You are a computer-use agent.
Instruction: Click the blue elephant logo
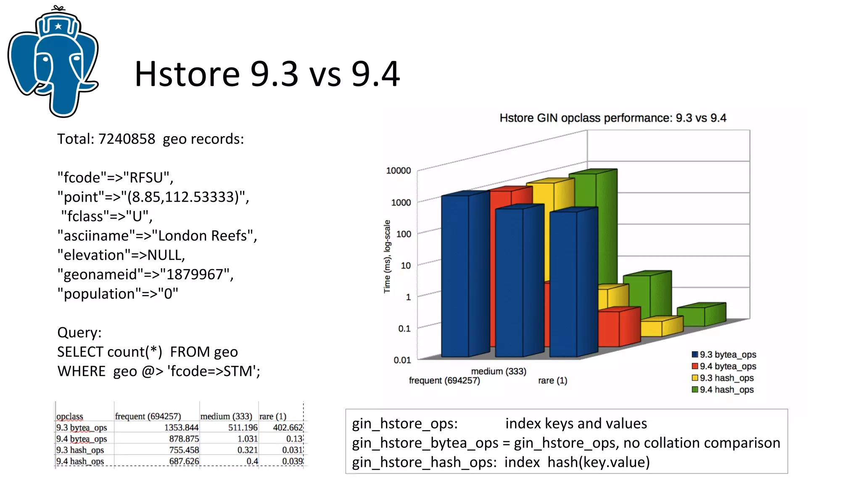point(53,63)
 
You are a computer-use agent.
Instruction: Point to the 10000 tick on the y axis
point(399,171)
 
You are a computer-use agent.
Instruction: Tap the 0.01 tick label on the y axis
point(402,360)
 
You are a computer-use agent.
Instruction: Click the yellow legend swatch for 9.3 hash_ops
point(695,378)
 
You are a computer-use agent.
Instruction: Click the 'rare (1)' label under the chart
point(552,381)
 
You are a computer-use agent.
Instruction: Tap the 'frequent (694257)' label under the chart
point(444,381)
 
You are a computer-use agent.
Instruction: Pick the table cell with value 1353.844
point(181,428)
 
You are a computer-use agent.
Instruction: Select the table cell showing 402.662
point(288,428)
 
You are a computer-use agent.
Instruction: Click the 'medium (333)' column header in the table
point(226,416)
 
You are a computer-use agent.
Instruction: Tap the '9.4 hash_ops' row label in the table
point(80,461)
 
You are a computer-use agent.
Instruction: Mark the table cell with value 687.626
point(184,461)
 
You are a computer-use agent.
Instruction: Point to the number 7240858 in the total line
point(127,139)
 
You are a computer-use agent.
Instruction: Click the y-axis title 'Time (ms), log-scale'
point(387,256)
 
